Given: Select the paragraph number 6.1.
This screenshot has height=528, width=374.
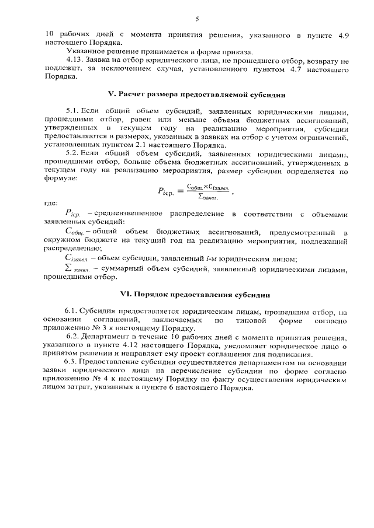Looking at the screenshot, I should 72,313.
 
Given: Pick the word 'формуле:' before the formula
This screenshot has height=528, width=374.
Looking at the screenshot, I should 60,180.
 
